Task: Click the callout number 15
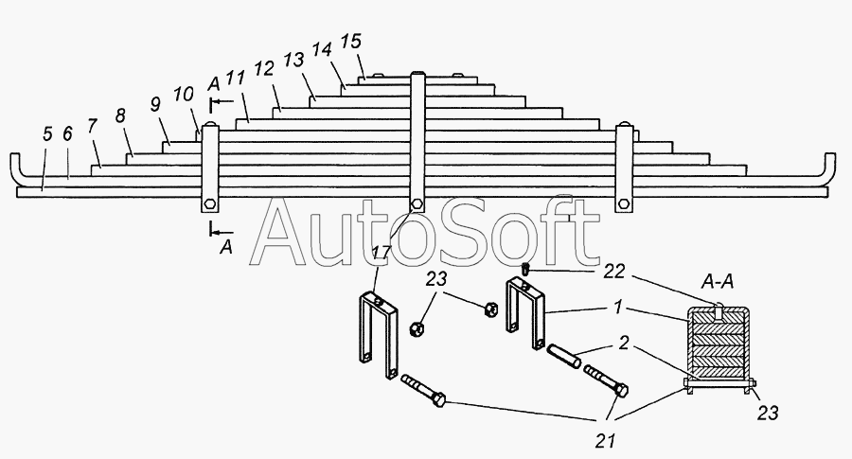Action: coord(350,42)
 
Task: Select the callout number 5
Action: coord(47,133)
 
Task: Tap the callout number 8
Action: coord(120,115)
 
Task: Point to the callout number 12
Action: coord(264,69)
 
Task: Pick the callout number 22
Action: coord(614,271)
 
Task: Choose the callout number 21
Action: coord(605,441)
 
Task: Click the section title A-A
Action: coord(718,281)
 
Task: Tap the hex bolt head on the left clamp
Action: coord(210,205)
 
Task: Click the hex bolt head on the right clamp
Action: coord(623,205)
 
